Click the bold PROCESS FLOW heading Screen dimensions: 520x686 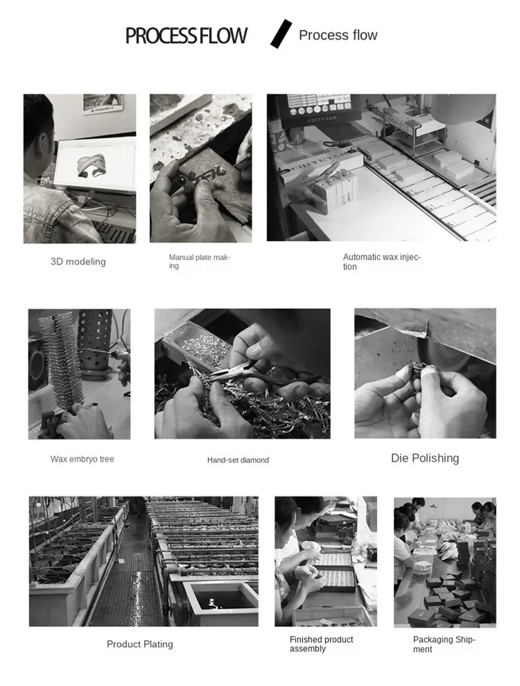tap(186, 36)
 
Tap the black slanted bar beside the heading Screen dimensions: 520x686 tap(281, 34)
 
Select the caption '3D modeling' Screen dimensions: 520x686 tap(78, 262)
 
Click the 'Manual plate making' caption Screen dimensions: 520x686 tap(200, 261)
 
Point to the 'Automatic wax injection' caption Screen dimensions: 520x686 tap(381, 262)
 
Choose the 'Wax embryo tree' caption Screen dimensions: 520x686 tap(82, 459)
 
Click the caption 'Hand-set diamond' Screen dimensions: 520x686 tap(238, 460)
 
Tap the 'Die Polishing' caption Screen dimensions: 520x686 tap(425, 458)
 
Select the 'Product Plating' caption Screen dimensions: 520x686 tap(140, 644)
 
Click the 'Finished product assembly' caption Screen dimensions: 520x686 tap(321, 644)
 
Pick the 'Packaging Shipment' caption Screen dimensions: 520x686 tap(444, 644)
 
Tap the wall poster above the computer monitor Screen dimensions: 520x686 tap(103, 104)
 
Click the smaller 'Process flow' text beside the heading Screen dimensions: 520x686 tap(338, 35)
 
